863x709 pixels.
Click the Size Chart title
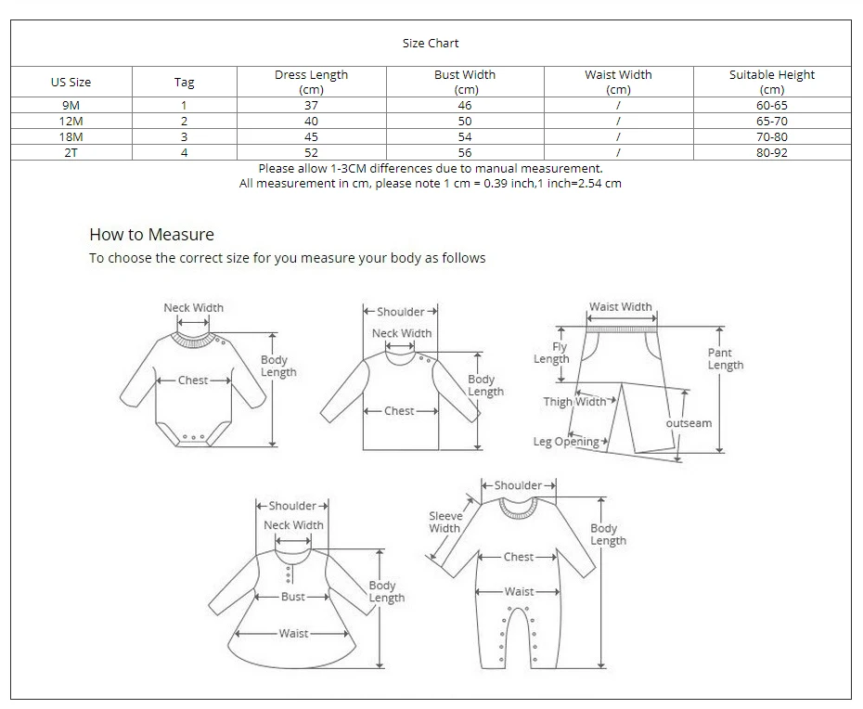click(x=431, y=43)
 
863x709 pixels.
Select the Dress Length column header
click(x=311, y=82)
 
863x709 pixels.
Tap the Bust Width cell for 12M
click(x=465, y=122)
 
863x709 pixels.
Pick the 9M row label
click(x=71, y=106)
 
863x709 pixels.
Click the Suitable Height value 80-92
click(x=771, y=153)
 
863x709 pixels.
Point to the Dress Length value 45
click(x=311, y=137)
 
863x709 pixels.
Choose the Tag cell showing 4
click(x=184, y=153)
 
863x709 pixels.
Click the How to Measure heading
click(x=151, y=235)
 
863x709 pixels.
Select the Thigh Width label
click(x=574, y=402)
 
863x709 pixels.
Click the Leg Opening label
click(x=566, y=442)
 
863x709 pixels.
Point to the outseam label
click(x=689, y=423)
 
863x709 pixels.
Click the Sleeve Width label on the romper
click(x=444, y=522)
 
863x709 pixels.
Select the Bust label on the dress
click(x=293, y=597)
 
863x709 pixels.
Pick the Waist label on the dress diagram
click(x=293, y=633)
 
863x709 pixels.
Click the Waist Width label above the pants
click(x=621, y=307)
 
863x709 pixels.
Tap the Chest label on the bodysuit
click(x=193, y=380)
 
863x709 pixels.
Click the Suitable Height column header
click(x=771, y=82)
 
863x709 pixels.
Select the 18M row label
click(x=71, y=137)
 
